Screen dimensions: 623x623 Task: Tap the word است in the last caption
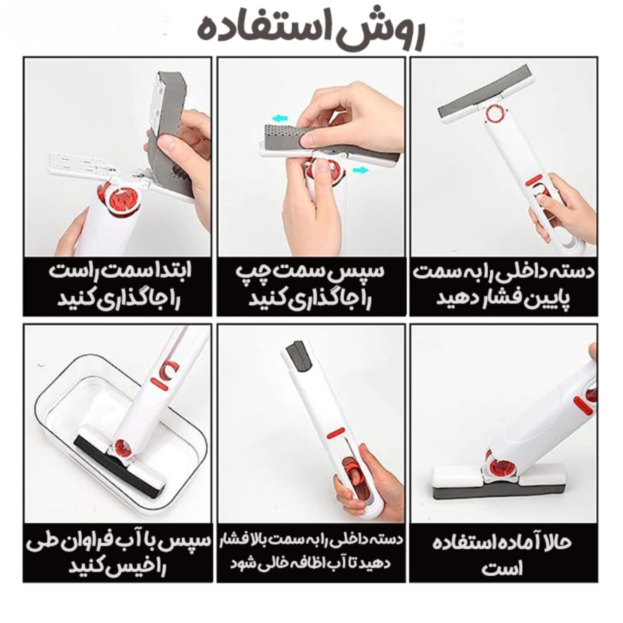tap(502, 579)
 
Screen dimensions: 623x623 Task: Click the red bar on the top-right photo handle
tap(532, 181)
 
